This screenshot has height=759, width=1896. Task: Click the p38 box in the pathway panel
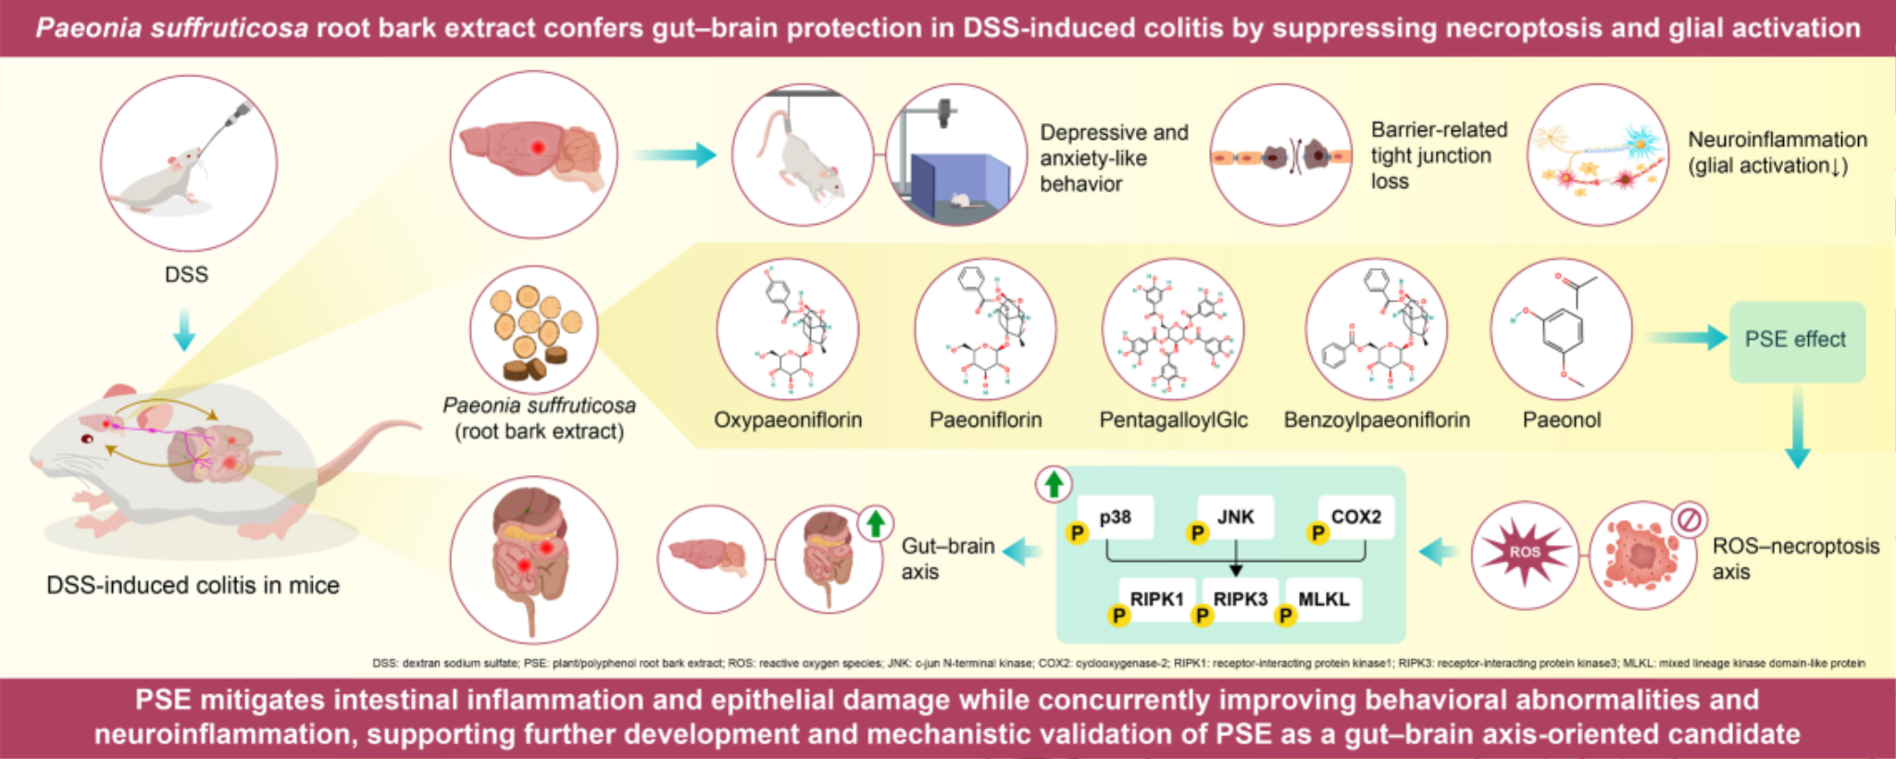coord(1116,516)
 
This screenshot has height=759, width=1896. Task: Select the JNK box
coord(1235,516)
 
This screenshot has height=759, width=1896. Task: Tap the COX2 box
coord(1356,516)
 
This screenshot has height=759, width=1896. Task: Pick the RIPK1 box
coord(1157,599)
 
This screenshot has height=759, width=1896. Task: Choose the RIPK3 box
coord(1241,599)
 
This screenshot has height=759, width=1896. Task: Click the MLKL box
coord(1324,599)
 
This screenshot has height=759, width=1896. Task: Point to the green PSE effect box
coord(1797,341)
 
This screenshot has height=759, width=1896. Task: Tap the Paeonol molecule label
coord(1562,420)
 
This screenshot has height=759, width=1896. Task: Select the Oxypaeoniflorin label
coord(788,420)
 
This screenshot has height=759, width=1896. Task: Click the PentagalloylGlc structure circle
coord(1173,330)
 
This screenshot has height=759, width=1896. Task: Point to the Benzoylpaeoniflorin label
coord(1377,420)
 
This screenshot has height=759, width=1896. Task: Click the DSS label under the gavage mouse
coord(186,275)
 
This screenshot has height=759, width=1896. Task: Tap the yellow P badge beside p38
coord(1077,533)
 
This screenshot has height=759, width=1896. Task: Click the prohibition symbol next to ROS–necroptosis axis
coord(1690,520)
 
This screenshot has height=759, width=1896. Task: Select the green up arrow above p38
coord(1054,484)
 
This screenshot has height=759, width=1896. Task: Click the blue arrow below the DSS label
coord(184,330)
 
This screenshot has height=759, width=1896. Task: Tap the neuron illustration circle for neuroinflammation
coord(1598,155)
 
